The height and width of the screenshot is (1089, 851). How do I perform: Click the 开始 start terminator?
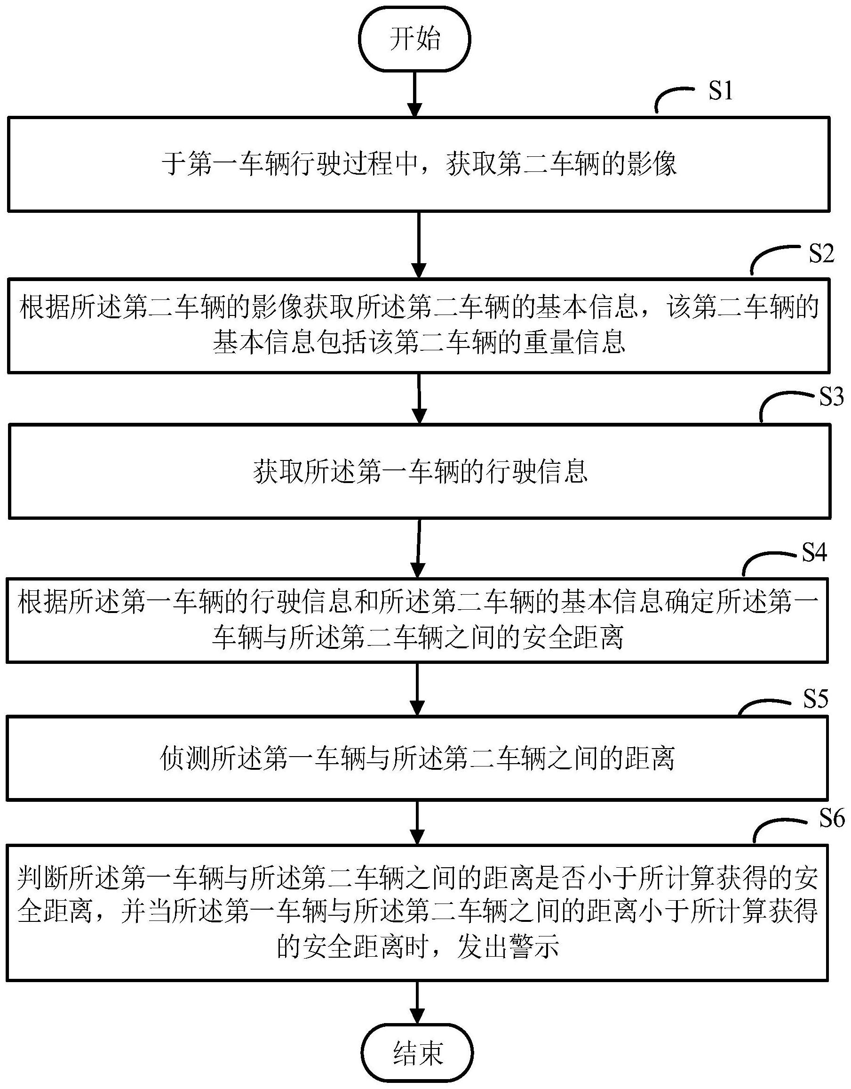coord(415,39)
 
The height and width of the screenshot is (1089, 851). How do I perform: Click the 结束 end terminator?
coord(418,1053)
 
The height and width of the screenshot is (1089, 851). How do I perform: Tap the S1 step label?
coord(721,91)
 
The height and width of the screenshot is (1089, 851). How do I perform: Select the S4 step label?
coord(814,552)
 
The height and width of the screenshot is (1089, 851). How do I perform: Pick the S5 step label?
coord(816,700)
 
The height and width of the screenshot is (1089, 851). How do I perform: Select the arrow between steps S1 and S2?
coord(419,244)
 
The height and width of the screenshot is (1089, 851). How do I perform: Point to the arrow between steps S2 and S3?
coord(420,399)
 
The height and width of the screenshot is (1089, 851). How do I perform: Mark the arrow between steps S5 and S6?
coord(416,822)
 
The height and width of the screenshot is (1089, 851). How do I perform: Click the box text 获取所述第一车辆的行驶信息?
coord(421,472)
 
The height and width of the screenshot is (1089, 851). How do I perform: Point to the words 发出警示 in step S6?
coord(508,946)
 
